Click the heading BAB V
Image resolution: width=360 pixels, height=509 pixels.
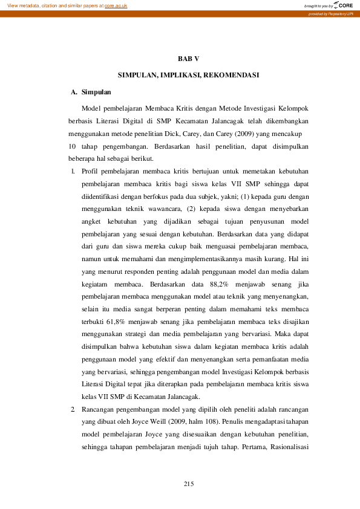coord(188,59)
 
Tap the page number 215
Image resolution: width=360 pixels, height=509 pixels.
coord(189,484)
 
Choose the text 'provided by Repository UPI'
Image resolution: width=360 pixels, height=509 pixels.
coord(333,13)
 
